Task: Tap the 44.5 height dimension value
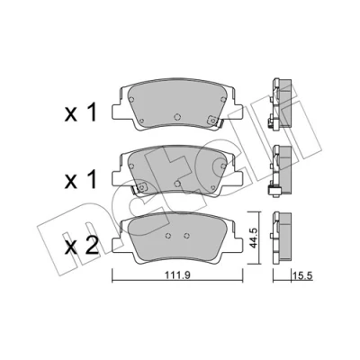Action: tap(254, 238)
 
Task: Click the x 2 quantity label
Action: tap(82, 247)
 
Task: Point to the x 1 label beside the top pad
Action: tap(81, 112)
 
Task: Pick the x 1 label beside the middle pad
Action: tap(81, 179)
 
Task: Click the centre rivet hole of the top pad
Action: tap(177, 116)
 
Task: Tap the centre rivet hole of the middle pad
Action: tap(177, 183)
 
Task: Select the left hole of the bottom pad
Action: tap(168, 236)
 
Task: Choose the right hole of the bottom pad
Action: tap(186, 236)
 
